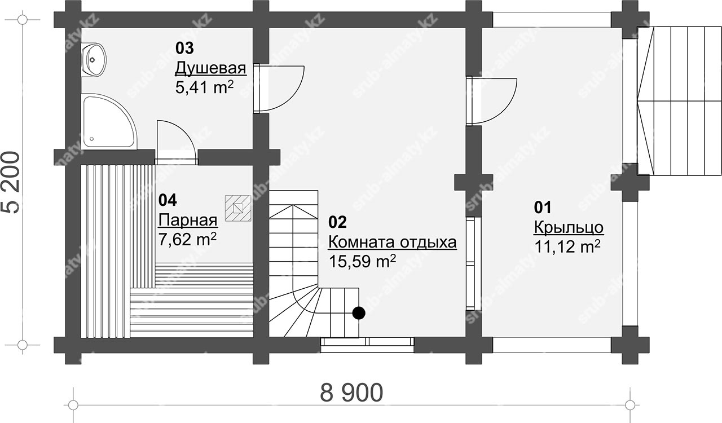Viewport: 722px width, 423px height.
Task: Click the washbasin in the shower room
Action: (93, 60)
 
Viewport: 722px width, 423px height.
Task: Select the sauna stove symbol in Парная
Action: (238, 208)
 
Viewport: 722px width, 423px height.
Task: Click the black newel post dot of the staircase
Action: (358, 312)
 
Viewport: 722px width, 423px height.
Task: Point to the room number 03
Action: (184, 49)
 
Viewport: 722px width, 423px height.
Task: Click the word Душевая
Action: (210, 68)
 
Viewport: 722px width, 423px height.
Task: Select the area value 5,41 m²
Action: (204, 87)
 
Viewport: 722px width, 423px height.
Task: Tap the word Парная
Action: (188, 221)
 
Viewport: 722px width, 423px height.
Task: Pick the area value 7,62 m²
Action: (187, 240)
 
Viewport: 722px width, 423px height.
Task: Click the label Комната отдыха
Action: (392, 243)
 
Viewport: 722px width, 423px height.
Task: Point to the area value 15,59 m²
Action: (362, 262)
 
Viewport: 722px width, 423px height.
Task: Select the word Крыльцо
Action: (569, 228)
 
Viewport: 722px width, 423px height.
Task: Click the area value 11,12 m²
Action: (567, 247)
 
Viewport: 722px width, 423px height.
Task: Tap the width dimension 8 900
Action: (351, 393)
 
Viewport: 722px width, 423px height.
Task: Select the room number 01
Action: (543, 208)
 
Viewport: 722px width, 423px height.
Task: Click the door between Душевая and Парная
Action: (175, 143)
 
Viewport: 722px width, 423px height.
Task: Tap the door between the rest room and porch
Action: (491, 100)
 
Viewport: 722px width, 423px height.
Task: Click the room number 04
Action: (168, 200)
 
